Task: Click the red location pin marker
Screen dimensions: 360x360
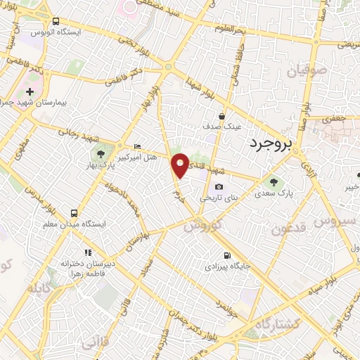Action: [180, 165]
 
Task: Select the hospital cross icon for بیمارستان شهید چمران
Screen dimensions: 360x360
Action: [30, 91]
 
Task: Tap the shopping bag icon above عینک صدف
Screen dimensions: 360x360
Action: [221, 116]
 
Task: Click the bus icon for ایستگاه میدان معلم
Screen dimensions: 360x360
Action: [74, 212]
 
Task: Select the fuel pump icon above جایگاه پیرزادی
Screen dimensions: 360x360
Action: [226, 255]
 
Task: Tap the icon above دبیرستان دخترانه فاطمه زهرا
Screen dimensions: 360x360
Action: [87, 252]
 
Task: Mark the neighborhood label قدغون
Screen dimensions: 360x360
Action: [289, 227]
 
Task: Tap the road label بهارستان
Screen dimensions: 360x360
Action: [136, 238]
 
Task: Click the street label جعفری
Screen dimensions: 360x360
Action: [335, 120]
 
